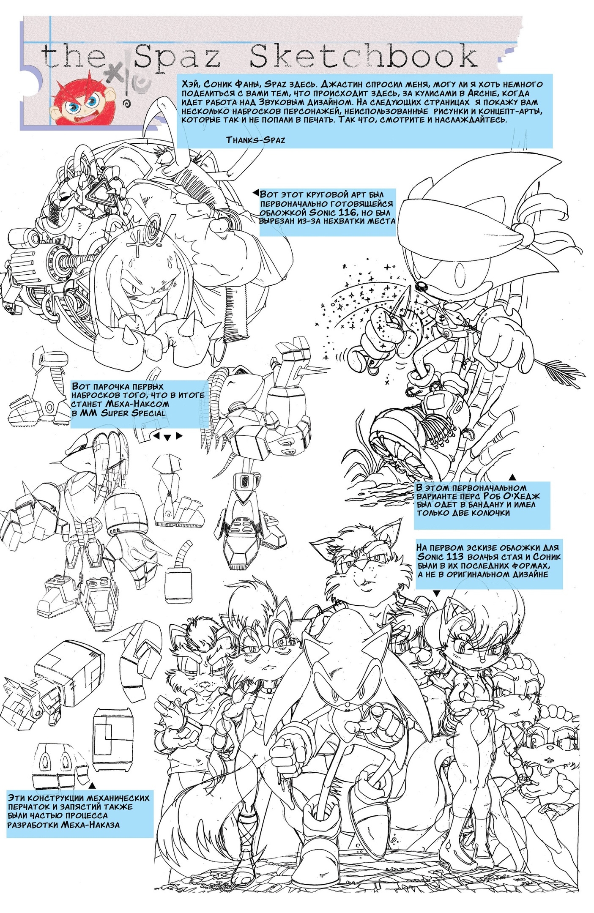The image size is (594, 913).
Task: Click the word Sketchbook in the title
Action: (x=364, y=57)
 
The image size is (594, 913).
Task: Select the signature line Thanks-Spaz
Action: (x=255, y=140)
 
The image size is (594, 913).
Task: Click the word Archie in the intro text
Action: (x=482, y=93)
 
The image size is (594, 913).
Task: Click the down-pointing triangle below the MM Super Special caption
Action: (x=167, y=437)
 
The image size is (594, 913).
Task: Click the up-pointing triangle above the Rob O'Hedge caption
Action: (x=512, y=477)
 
